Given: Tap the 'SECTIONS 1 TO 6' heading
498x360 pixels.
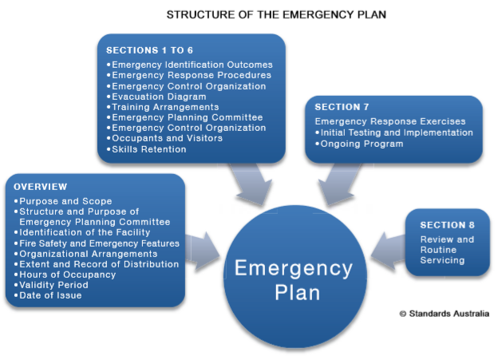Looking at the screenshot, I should click(x=150, y=50).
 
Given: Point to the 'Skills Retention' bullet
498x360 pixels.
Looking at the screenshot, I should click(x=149, y=148).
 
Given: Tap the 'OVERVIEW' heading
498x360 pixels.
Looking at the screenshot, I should click(x=40, y=187).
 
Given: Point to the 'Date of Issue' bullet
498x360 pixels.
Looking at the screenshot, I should click(x=53, y=295).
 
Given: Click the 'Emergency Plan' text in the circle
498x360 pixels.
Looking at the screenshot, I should click(x=291, y=279).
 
